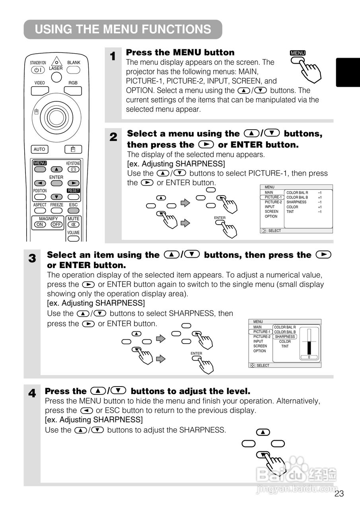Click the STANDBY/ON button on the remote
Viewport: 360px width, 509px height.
pos(38,70)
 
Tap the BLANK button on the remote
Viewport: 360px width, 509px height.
pos(73,70)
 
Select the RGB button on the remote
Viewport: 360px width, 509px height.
pos(73,90)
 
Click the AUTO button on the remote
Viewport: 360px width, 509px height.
pos(39,149)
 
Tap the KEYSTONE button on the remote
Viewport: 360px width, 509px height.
pos(73,169)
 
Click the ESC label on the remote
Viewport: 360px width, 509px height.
pos(73,205)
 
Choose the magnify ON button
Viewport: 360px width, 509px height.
pos(40,224)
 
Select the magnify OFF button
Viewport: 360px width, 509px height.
pos(56,224)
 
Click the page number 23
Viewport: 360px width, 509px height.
pos(339,494)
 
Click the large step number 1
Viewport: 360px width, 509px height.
pos(113,56)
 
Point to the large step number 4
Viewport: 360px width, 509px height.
pos(32,394)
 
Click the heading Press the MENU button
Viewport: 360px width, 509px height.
pos(180,52)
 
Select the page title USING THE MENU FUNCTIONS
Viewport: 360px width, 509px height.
pos(123,29)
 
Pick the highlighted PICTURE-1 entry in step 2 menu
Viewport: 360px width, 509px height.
pos(273,197)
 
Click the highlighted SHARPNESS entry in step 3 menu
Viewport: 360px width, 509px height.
pos(285,336)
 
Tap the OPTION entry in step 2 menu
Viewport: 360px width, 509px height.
pos(271,216)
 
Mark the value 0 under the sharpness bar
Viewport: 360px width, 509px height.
pos(309,357)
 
